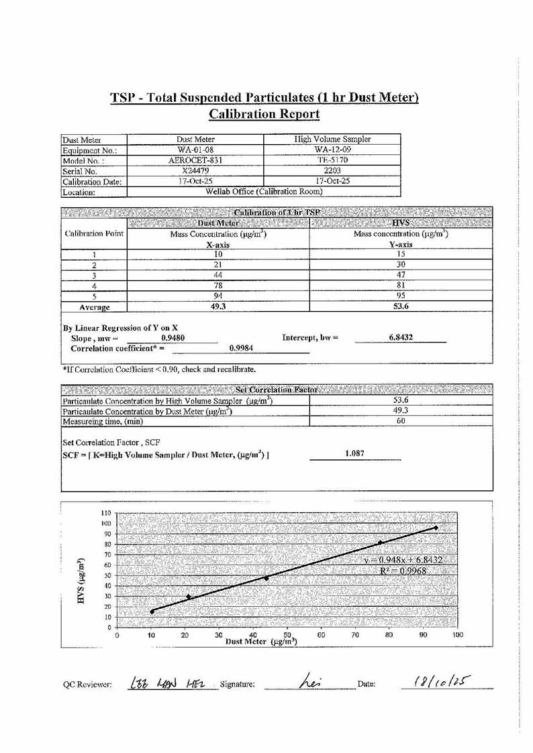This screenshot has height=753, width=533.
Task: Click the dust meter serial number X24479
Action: coord(195,171)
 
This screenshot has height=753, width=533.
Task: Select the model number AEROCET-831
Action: coord(195,160)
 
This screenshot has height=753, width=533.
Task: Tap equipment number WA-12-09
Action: coord(333,150)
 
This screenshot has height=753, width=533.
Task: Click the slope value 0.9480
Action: coord(173,339)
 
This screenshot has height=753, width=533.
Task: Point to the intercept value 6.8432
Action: coord(401,338)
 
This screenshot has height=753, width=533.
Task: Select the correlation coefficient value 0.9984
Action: coord(240,348)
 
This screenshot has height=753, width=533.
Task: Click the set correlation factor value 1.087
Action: coord(354,454)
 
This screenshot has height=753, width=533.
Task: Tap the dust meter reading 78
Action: coord(217,286)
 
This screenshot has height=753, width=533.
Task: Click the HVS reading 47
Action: coord(401,275)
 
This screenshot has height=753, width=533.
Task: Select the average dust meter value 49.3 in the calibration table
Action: coord(217,306)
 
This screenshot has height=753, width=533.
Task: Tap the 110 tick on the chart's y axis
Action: coord(106,513)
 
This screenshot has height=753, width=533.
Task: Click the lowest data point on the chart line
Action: coord(152,612)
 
